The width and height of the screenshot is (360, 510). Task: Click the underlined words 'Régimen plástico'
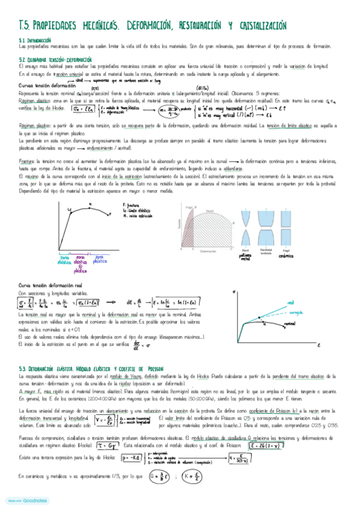pyautogui.click(x=34, y=126)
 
